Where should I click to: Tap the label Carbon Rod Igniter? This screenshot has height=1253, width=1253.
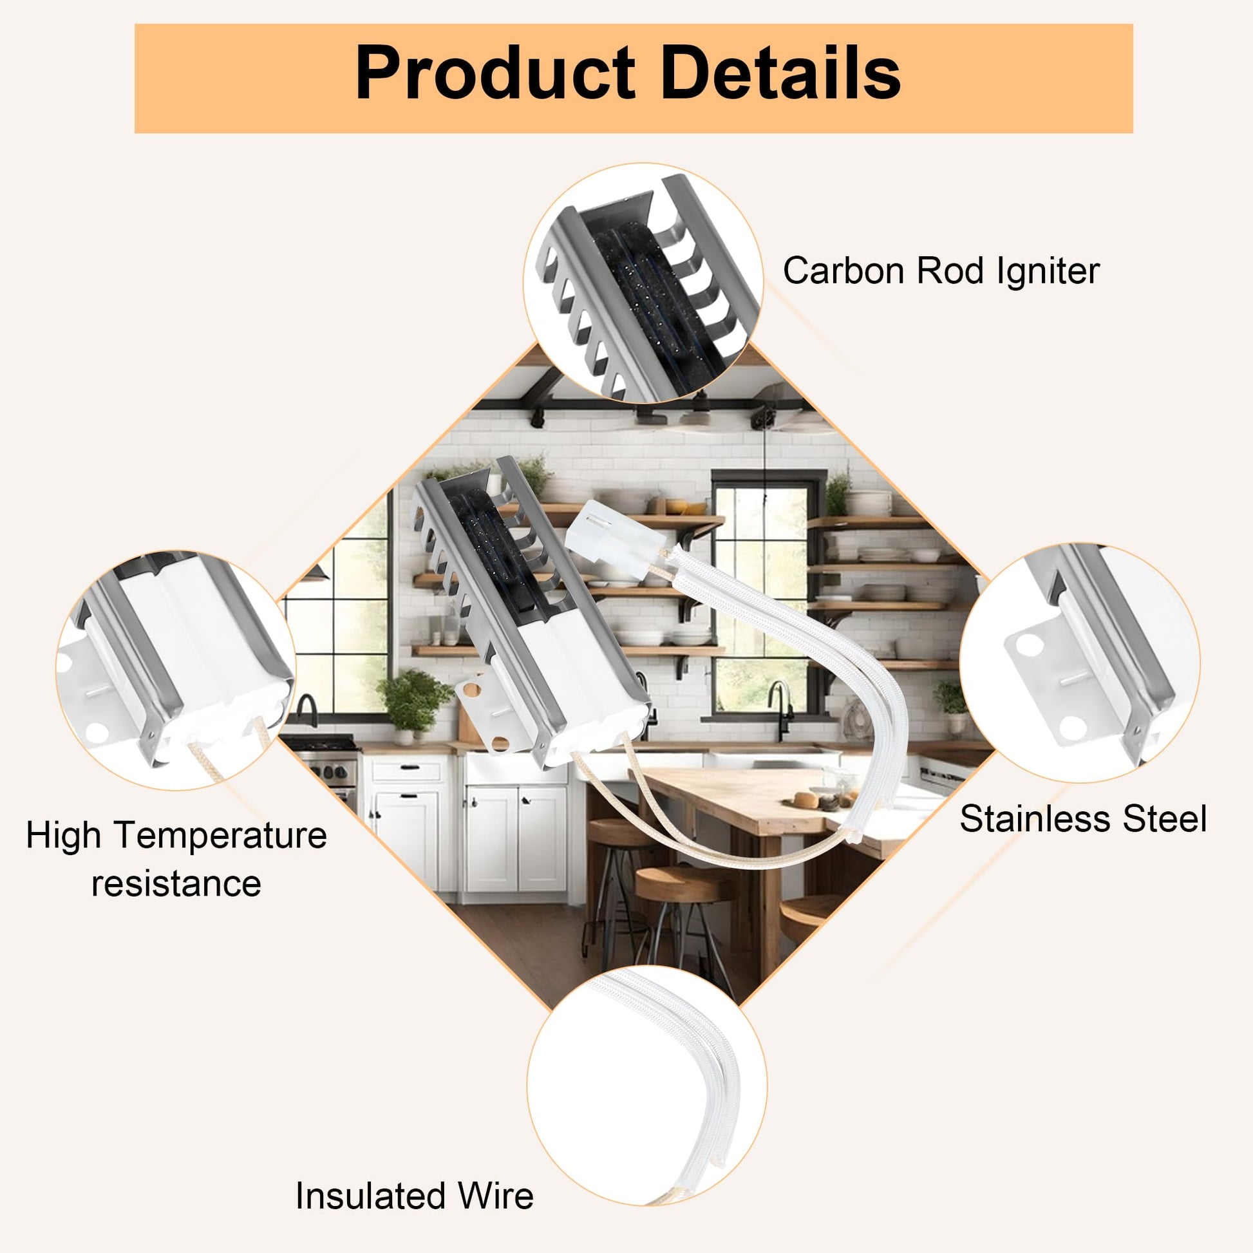(941, 270)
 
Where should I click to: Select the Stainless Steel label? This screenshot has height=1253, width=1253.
(1083, 818)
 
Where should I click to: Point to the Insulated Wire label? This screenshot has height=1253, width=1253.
(415, 1196)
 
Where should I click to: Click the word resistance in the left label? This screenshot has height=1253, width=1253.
(176, 883)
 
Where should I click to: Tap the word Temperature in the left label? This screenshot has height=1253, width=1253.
(221, 835)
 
